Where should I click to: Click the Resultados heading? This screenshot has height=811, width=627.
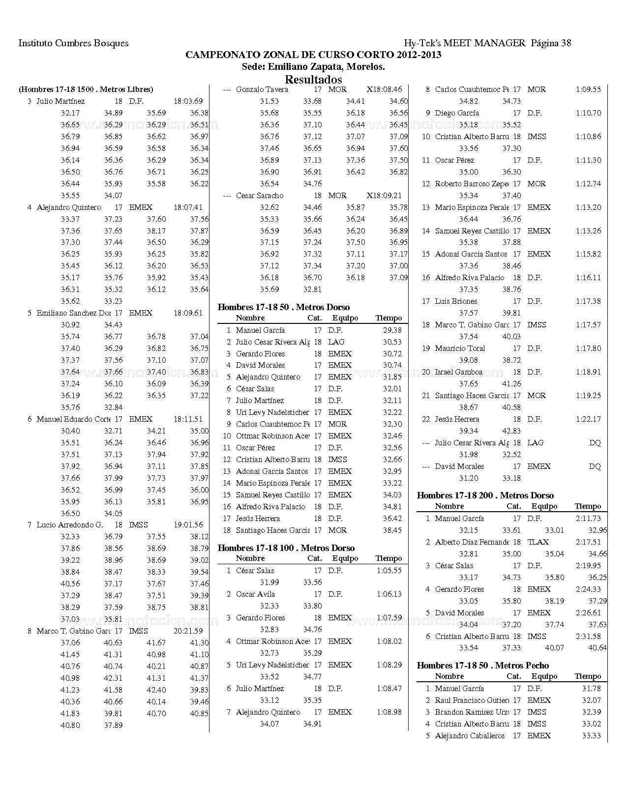313,80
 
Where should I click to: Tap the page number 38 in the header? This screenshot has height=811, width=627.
566,43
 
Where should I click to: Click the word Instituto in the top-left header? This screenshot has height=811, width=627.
35,43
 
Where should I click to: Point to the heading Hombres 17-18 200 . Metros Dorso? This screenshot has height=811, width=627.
485,495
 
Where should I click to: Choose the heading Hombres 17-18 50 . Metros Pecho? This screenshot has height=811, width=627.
482,666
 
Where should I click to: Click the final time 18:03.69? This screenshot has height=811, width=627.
188,101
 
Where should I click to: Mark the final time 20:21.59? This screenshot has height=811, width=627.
188,631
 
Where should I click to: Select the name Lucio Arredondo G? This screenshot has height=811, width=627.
70,525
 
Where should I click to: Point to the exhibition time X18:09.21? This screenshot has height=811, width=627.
384,196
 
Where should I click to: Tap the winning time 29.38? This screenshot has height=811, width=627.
392,330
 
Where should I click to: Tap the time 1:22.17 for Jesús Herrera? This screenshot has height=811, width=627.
588,419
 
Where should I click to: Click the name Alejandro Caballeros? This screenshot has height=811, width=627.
470,736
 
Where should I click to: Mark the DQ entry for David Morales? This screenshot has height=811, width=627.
595,466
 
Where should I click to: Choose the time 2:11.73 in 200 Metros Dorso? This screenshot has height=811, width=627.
588,519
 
